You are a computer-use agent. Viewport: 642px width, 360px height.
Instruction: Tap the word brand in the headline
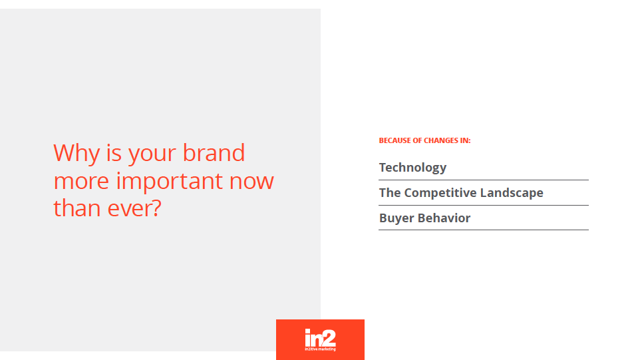214,153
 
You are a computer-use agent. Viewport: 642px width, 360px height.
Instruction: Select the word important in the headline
170,182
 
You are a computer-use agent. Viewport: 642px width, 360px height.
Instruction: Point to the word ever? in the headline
134,208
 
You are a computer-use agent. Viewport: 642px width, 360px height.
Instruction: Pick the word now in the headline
251,182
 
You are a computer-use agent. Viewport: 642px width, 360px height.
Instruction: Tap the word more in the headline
81,182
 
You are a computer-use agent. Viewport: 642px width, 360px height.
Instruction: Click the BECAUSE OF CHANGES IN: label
424,140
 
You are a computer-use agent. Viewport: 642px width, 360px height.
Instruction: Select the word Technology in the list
412,168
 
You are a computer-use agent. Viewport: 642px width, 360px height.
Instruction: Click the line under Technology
484,180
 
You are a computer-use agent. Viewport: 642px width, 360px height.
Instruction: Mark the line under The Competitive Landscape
484,205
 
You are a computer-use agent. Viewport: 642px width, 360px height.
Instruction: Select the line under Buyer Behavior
484,230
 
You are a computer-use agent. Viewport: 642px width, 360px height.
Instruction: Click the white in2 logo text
320,338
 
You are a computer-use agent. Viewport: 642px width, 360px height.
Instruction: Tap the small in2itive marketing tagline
320,349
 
